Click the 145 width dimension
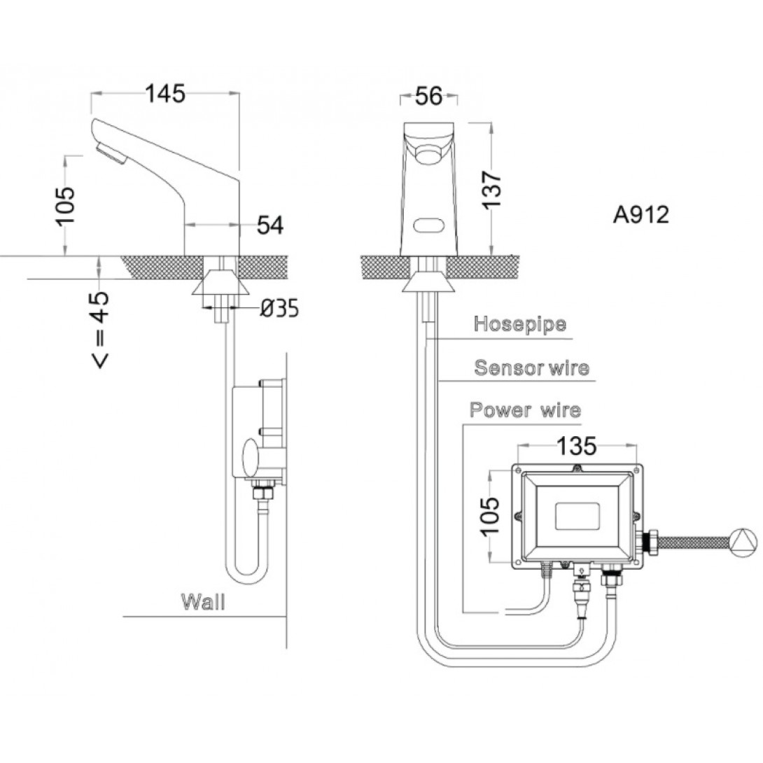tap(165, 93)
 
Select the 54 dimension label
tap(269, 225)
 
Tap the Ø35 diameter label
tap(279, 307)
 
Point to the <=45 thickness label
tap(100, 329)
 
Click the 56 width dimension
tap(429, 96)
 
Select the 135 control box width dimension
tap(577, 444)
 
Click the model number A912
tap(640, 215)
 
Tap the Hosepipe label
tap(520, 324)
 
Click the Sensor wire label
tap(531, 367)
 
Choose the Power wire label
tap(525, 409)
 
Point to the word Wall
tap(203, 601)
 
